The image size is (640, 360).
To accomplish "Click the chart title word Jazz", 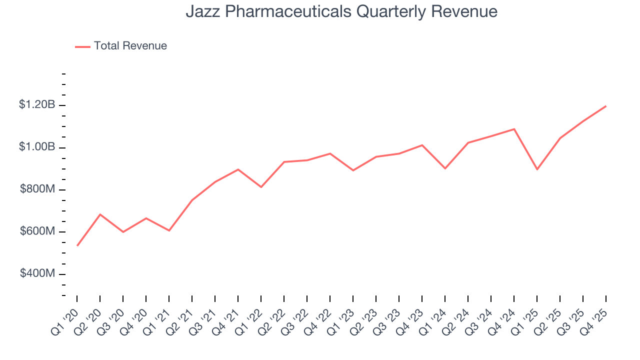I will tap(200, 11).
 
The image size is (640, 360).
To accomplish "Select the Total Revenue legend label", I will tap(130, 46).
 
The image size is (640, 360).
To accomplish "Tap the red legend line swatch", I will tap(82, 46).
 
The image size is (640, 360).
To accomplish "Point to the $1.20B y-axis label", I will tap(37, 105).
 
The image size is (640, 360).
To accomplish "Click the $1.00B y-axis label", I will tap(37, 147).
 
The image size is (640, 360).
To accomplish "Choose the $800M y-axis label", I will tap(37, 189).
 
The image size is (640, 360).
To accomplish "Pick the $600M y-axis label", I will tap(37, 232).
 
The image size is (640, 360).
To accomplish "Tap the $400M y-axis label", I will tap(37, 274).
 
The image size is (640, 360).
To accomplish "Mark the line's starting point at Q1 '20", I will tap(77, 245).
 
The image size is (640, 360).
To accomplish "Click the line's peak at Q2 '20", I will tap(100, 214).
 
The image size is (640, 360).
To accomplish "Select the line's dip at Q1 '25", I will tap(537, 169).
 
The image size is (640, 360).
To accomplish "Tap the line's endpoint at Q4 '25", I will tap(606, 106).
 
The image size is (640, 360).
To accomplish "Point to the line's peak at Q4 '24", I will tap(514, 129).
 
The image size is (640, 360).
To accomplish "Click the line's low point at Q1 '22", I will tap(261, 187).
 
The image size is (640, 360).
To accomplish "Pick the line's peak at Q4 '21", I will tap(238, 169).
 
